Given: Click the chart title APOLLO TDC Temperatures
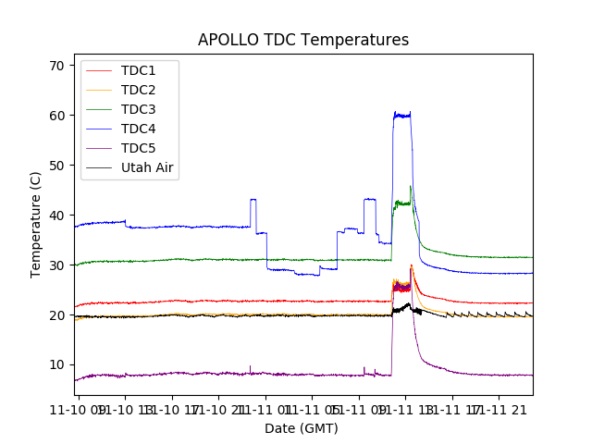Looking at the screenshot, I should pyautogui.click(x=302, y=40).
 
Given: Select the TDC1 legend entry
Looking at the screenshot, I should pyautogui.click(x=138, y=71).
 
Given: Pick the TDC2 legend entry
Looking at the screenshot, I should pyautogui.click(x=138, y=91).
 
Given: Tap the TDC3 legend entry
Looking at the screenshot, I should pyautogui.click(x=138, y=110).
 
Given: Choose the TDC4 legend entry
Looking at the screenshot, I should pyautogui.click(x=138, y=129).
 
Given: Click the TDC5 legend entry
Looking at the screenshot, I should pyautogui.click(x=138, y=149).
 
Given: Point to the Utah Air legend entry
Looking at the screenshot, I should pyautogui.click(x=147, y=168).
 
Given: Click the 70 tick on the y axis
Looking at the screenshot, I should pyautogui.click(x=56, y=66).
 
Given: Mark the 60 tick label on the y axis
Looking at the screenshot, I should pyautogui.click(x=56, y=116).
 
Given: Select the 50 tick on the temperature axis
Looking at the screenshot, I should pyautogui.click(x=56, y=166).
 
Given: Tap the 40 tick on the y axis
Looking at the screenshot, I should pyautogui.click(x=56, y=216).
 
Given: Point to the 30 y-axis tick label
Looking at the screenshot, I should pyautogui.click(x=56, y=265).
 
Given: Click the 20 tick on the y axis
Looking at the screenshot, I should pyautogui.click(x=56, y=315).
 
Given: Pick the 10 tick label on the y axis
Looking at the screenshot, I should pyautogui.click(x=56, y=365).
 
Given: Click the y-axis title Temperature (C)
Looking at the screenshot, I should pyautogui.click(x=36, y=225).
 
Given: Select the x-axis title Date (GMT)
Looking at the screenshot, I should pyautogui.click(x=302, y=428).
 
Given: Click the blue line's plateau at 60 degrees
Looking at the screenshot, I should pyautogui.click(x=402, y=115).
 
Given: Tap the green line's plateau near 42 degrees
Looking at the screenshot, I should pyautogui.click(x=402, y=203).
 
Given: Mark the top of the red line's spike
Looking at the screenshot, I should pyautogui.click(x=412, y=265).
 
